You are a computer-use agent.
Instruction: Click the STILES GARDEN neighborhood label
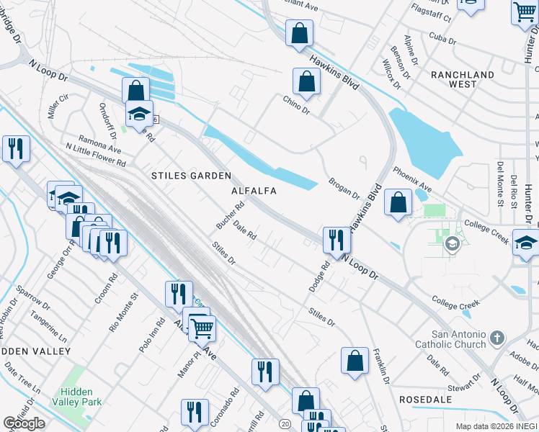tap(190, 176)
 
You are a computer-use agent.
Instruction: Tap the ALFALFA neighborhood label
tap(254, 191)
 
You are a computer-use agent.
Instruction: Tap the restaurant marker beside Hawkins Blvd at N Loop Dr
tap(336, 240)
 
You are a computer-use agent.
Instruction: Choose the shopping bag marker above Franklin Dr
tap(355, 361)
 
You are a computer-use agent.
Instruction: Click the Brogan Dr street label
tap(344, 189)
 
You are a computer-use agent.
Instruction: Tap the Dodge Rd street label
tap(319, 276)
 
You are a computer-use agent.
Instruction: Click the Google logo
tap(24, 423)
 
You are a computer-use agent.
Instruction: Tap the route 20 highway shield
tap(286, 424)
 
